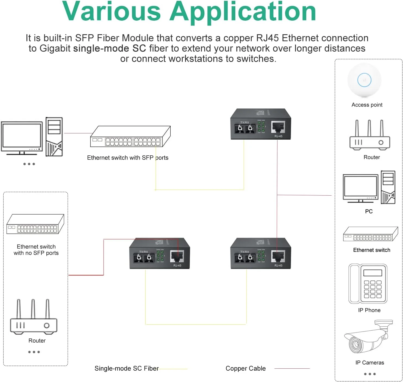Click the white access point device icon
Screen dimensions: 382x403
364,80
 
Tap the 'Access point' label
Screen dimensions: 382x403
367,105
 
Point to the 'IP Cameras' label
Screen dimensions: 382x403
370,363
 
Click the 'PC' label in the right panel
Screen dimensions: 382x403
369,211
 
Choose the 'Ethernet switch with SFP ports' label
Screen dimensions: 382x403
127,158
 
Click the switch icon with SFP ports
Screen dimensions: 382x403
130,137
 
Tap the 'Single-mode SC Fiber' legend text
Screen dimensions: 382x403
127,369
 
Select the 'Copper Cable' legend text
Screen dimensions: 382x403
246,369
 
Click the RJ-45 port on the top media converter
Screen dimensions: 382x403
278,127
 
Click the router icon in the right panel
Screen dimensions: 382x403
370,136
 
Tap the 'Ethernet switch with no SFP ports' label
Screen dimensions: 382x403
36,250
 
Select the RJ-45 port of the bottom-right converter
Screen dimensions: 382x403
278,256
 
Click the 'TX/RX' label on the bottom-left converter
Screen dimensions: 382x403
143,252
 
